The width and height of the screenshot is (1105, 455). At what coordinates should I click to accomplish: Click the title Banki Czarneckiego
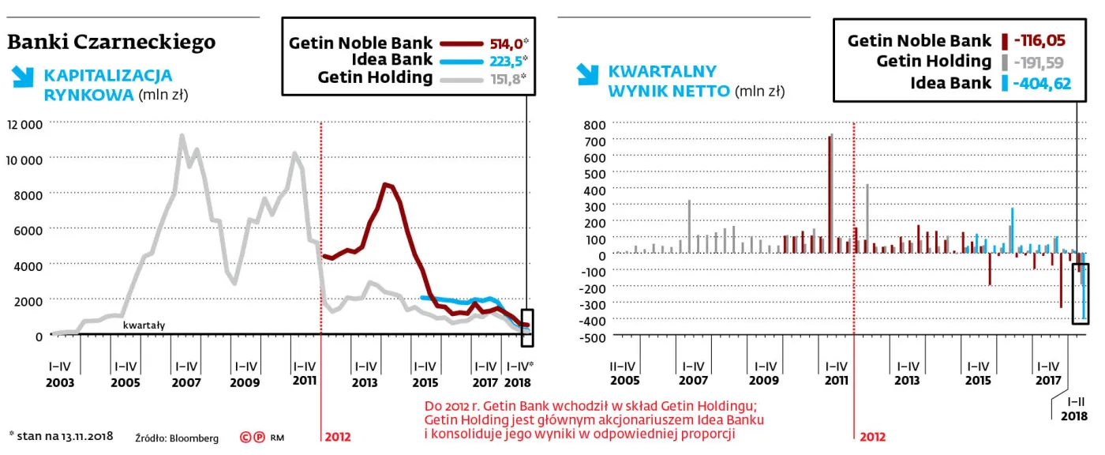pyautogui.click(x=111, y=42)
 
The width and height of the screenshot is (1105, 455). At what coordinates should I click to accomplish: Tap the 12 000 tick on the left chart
pyautogui.click(x=24, y=124)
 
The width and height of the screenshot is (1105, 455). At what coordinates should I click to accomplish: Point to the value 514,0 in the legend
pyautogui.click(x=502, y=44)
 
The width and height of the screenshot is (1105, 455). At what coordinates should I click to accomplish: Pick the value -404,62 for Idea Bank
pyautogui.click(x=1043, y=83)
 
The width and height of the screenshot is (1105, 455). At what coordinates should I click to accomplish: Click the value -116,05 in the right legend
pyautogui.click(x=1043, y=40)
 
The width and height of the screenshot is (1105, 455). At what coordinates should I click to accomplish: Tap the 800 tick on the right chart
pyautogui.click(x=594, y=125)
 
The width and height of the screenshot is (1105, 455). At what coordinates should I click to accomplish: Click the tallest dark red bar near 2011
pyautogui.click(x=830, y=194)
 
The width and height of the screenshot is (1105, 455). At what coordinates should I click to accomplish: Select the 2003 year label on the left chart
pyautogui.click(x=60, y=382)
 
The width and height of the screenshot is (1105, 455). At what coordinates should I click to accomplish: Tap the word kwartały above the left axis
pyautogui.click(x=144, y=325)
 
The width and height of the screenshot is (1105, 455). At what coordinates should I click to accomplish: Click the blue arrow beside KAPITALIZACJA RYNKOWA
pyautogui.click(x=22, y=77)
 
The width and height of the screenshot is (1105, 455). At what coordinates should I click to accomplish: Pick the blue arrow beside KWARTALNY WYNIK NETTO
pyautogui.click(x=586, y=73)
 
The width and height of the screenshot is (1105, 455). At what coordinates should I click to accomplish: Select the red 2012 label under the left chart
pyautogui.click(x=337, y=436)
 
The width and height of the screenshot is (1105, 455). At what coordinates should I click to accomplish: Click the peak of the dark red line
pyautogui.click(x=384, y=185)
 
